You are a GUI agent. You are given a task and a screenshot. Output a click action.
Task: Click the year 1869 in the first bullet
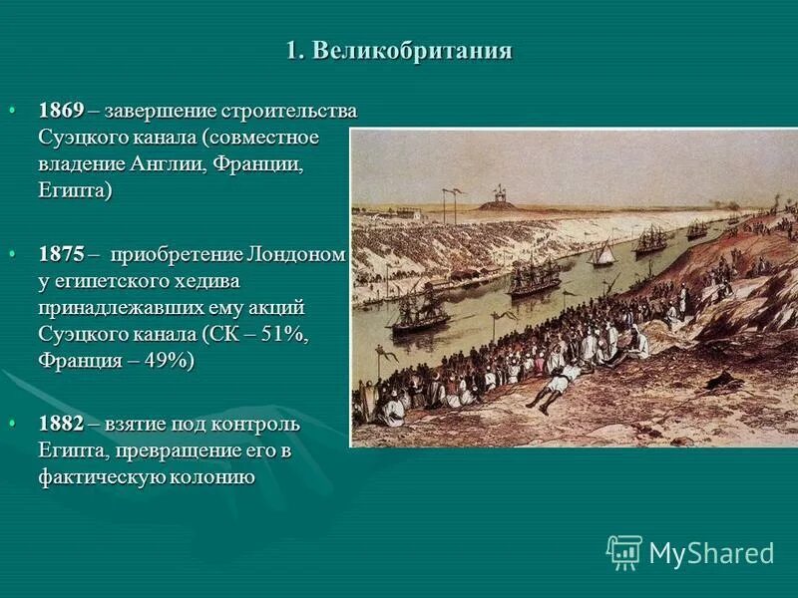[61, 110]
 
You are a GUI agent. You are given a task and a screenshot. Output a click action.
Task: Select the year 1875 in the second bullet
[61, 254]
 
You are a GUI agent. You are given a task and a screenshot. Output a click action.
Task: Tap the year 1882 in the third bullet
[61, 424]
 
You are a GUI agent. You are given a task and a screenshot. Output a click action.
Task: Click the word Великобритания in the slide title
[412, 52]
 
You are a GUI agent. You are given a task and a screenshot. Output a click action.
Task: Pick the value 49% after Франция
[159, 361]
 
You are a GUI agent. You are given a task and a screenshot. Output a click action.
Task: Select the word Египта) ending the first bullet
[75, 189]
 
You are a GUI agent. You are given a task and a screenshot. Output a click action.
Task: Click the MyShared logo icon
[624, 552]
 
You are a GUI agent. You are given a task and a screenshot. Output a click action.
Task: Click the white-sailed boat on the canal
[602, 254]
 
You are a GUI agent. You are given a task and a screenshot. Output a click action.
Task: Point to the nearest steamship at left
[420, 313]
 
